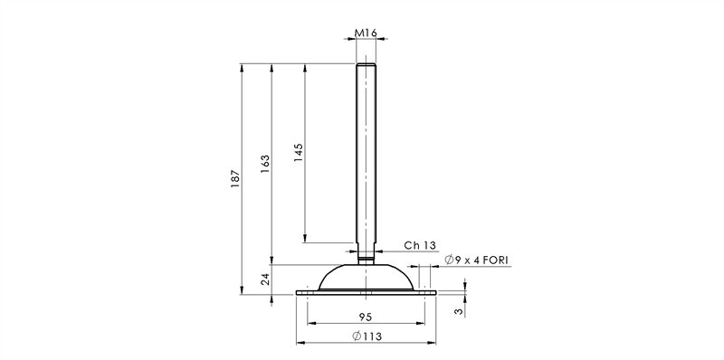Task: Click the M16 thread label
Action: (366, 33)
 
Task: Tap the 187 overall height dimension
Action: (234, 177)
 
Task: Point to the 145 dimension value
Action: (299, 152)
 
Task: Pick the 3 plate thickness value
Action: (459, 310)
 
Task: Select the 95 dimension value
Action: (366, 317)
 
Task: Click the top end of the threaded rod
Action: (366, 66)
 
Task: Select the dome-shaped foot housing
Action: (366, 277)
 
